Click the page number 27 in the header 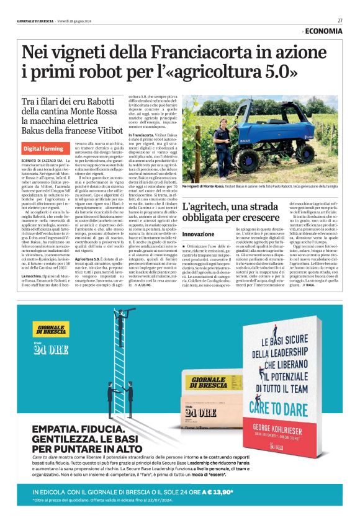[x=340, y=20]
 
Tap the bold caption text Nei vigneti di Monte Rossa [x=204, y=186]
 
